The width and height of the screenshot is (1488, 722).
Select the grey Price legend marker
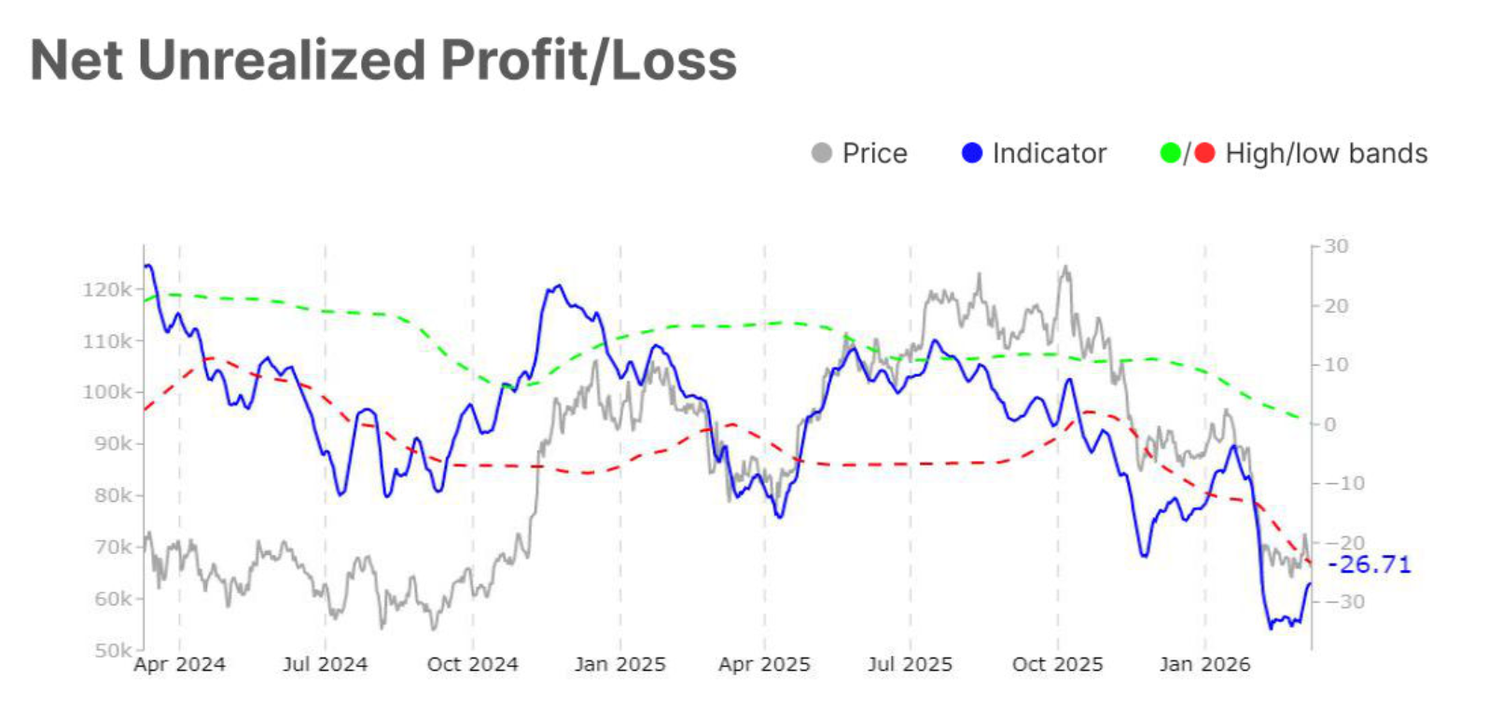click(x=821, y=153)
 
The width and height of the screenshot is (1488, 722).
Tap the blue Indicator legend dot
click(x=972, y=153)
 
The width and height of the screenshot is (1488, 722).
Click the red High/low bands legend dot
click(x=1204, y=153)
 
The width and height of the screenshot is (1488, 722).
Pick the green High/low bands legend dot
click(x=1170, y=153)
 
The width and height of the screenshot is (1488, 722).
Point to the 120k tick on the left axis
click(x=107, y=290)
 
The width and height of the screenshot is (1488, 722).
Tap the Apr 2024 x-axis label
click(x=179, y=665)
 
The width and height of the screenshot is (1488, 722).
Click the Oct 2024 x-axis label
click(x=472, y=665)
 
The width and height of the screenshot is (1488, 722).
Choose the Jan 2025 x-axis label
click(x=619, y=665)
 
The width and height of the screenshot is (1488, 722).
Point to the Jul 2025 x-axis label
click(x=910, y=665)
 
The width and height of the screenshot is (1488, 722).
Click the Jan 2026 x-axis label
click(x=1204, y=665)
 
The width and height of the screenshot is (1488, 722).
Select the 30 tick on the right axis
click(x=1336, y=246)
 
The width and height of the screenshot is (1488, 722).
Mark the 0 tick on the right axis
click(x=1330, y=424)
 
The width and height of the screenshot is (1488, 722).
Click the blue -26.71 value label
click(x=1369, y=564)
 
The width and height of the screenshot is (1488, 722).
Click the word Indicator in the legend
click(x=1050, y=153)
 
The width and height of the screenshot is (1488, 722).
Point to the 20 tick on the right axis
click(x=1336, y=306)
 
